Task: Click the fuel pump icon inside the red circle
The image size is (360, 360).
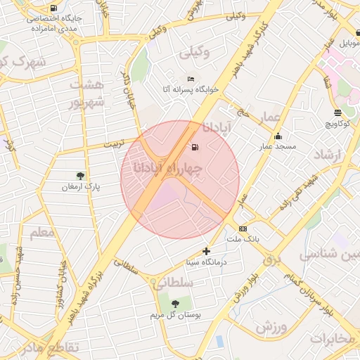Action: click(195, 148)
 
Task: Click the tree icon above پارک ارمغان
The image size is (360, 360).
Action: click(79, 176)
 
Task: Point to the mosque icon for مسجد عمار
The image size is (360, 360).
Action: click(278, 136)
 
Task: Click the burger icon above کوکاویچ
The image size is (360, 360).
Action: click(337, 112)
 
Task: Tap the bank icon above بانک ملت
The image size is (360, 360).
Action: click(243, 229)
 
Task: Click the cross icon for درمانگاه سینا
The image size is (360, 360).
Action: click(206, 251)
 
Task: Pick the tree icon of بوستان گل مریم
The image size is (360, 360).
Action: click(175, 304)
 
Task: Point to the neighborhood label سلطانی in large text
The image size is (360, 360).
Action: click(169, 282)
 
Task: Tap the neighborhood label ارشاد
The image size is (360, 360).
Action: click(328, 154)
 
